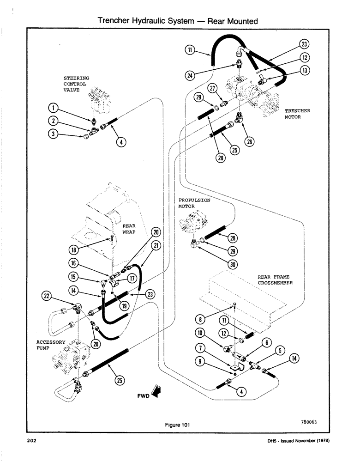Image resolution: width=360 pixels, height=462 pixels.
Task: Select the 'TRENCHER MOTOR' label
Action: click(x=297, y=114)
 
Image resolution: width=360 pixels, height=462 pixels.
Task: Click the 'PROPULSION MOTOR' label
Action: click(x=194, y=203)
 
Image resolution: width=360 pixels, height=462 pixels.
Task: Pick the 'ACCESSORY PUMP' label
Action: click(x=48, y=346)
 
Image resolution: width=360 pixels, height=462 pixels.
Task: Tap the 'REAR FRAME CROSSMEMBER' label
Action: click(x=276, y=280)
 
